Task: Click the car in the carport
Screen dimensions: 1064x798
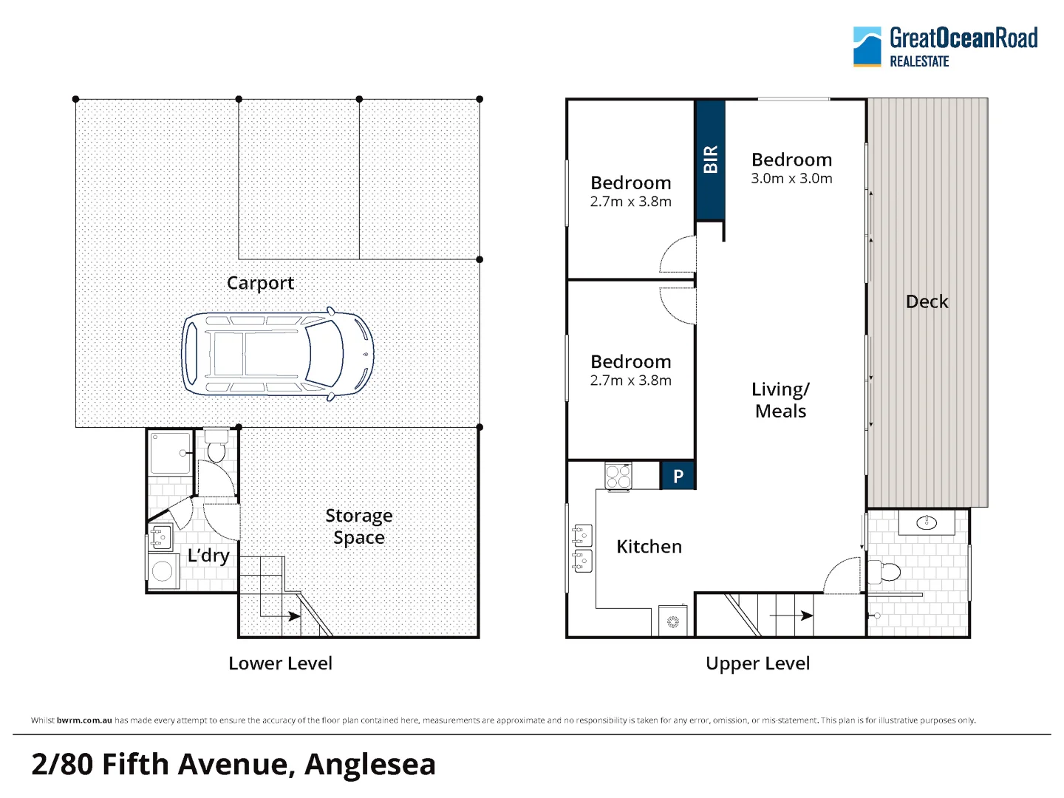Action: [277, 354]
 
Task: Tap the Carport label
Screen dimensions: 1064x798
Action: [260, 283]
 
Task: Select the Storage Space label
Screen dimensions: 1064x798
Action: [358, 527]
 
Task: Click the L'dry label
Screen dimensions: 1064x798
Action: [208, 555]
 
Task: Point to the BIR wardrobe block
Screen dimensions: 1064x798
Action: [710, 160]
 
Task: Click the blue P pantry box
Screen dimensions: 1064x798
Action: [678, 476]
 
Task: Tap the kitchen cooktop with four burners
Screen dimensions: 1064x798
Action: [618, 477]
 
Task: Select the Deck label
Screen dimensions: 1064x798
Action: [927, 301]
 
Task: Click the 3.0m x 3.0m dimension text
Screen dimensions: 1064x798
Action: [791, 178]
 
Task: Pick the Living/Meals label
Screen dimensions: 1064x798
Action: [780, 400]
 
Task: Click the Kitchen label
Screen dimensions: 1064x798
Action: [649, 547]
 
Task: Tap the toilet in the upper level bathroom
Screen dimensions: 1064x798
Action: [883, 572]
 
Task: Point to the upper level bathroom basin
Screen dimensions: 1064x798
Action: [927, 522]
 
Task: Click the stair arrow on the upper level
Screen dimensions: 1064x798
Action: [791, 615]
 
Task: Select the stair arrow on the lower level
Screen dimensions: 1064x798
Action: [280, 616]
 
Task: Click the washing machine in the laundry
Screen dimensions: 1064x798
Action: [163, 572]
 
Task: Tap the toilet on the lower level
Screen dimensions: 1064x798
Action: [216, 446]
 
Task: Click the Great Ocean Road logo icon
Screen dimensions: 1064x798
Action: [867, 47]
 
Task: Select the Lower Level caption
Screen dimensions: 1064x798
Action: [280, 664]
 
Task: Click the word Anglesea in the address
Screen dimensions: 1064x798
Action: [370, 765]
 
